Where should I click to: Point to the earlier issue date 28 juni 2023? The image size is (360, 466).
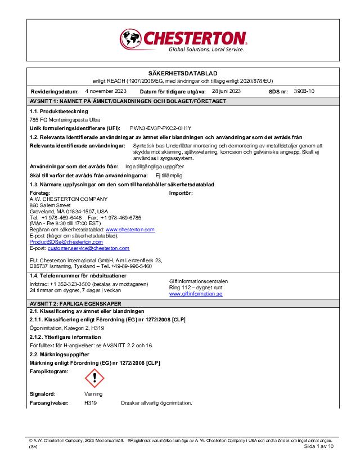pyautogui.click(x=226, y=91)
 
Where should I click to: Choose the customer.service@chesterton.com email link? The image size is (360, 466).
pyautogui.click(x=88, y=248)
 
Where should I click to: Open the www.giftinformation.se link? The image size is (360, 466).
pyautogui.click(x=196, y=294)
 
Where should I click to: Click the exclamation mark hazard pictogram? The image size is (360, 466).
pyautogui.click(x=94, y=378)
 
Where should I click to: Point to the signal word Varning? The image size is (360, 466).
pyautogui.click(x=93, y=394)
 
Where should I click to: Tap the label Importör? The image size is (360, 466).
pyautogui.click(x=181, y=192)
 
